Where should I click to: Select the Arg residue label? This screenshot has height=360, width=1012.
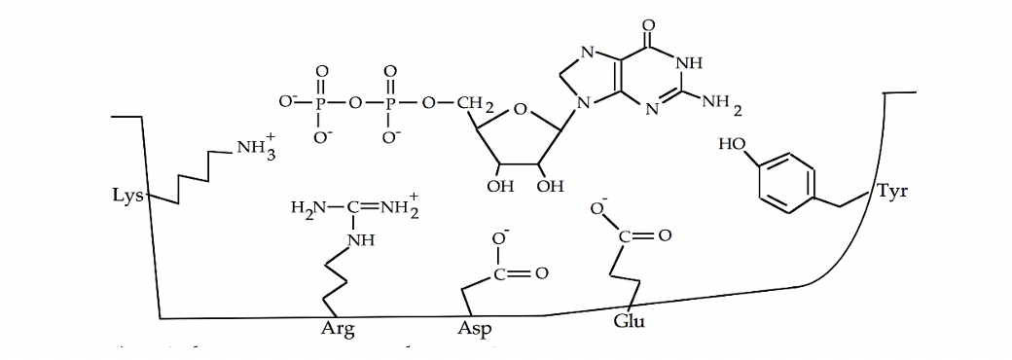pyautogui.click(x=338, y=328)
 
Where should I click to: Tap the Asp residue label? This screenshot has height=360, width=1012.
pyautogui.click(x=474, y=328)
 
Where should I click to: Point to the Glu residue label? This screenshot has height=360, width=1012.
pyautogui.click(x=629, y=322)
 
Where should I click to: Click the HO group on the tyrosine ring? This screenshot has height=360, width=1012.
pyautogui.click(x=733, y=145)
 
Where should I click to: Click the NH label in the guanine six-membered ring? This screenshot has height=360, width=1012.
pyautogui.click(x=688, y=64)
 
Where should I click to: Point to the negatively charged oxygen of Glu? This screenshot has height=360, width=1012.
pyautogui.click(x=597, y=209)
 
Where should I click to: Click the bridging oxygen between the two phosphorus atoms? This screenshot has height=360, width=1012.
pyautogui.click(x=356, y=102)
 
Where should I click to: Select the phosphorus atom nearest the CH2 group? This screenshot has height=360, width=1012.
pyautogui.click(x=390, y=102)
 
